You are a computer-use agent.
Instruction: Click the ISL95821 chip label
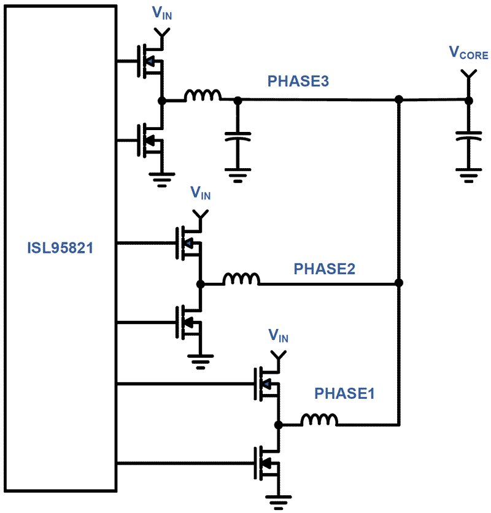(x=60, y=249)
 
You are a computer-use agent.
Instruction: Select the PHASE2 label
(x=325, y=269)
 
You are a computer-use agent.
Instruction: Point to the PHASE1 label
(x=344, y=393)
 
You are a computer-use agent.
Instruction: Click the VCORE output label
(x=468, y=54)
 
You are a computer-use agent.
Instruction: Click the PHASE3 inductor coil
(x=203, y=96)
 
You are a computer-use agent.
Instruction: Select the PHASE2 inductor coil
(x=241, y=279)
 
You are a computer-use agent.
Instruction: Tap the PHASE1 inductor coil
(x=319, y=420)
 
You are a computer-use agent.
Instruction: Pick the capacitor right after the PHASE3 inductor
(x=238, y=137)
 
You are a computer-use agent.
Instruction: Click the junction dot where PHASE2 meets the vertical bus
(x=399, y=283)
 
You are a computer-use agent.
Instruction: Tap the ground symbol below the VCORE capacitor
(x=468, y=175)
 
